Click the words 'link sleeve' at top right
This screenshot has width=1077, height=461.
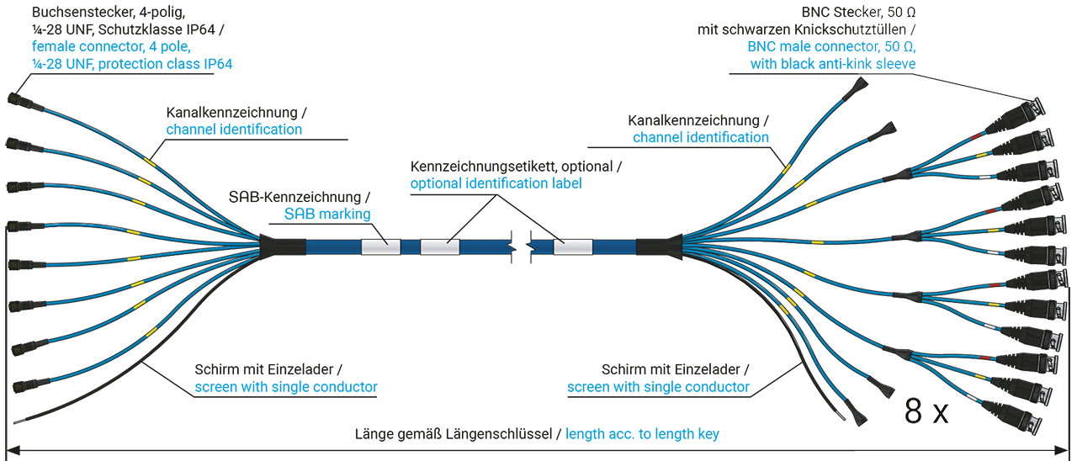point(883,64)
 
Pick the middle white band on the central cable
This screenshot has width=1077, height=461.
point(440,246)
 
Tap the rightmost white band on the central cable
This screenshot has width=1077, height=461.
point(573,246)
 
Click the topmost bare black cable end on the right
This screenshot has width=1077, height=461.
point(861,85)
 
